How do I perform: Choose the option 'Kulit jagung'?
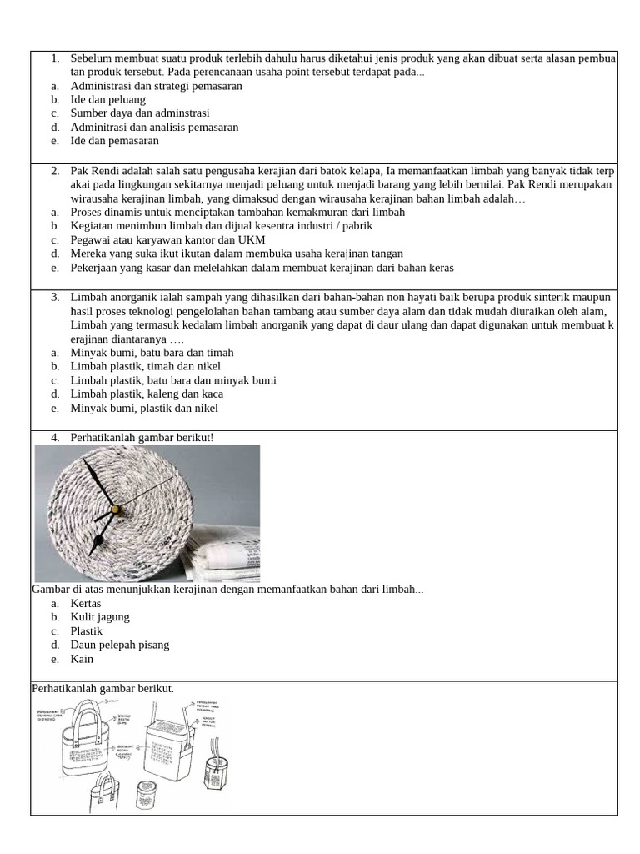(x=100, y=616)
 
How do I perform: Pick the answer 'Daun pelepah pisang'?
(x=120, y=645)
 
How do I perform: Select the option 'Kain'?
(x=82, y=659)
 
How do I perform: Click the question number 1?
(x=54, y=58)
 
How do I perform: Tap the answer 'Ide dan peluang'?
(x=108, y=99)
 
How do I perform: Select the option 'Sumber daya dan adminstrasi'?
(x=140, y=113)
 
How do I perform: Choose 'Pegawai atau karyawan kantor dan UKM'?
(x=167, y=239)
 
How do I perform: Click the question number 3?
(x=54, y=297)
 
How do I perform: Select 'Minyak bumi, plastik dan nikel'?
(x=144, y=409)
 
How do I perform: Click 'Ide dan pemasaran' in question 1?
(x=115, y=141)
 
